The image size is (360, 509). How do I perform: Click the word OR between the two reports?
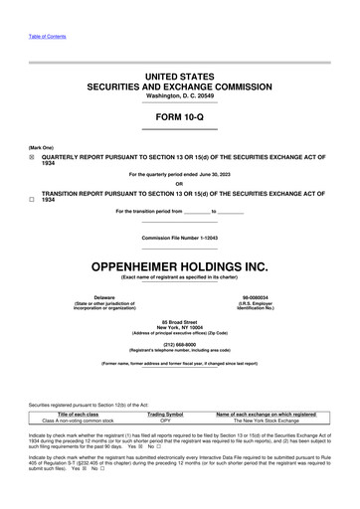click(179, 183)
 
